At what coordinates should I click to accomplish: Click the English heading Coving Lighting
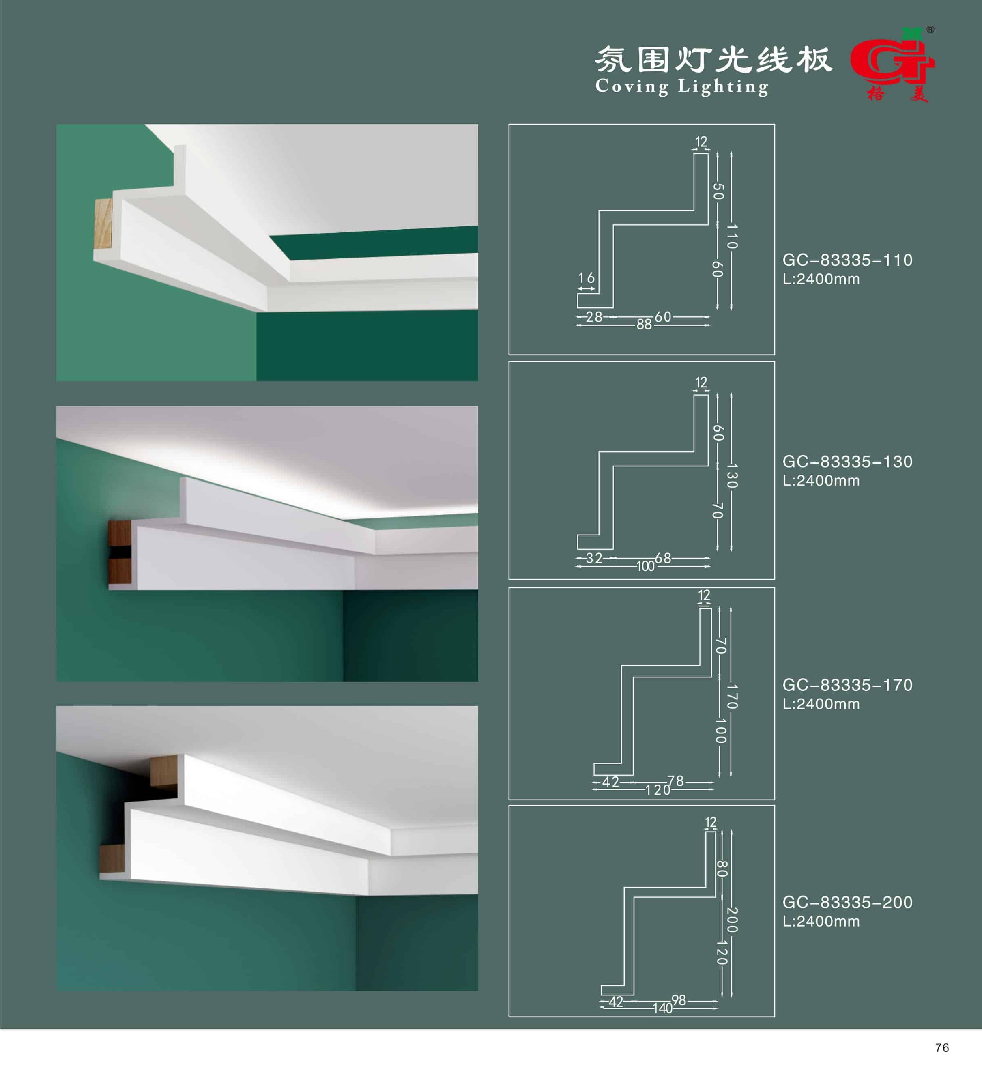tap(682, 86)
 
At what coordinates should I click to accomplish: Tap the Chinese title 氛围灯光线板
tap(713, 59)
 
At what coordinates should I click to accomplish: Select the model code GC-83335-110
tap(847, 260)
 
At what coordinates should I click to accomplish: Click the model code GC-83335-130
tap(847, 462)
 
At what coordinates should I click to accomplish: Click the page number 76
tap(942, 1048)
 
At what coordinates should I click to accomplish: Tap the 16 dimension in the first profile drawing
tap(586, 278)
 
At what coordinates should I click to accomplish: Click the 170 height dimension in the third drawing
tap(732, 696)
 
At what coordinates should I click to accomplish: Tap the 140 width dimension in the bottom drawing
tap(662, 1008)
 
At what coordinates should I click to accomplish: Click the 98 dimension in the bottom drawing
tap(679, 1000)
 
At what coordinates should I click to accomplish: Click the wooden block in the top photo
tap(103, 223)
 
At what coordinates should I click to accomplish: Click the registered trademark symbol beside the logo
tap(930, 30)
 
